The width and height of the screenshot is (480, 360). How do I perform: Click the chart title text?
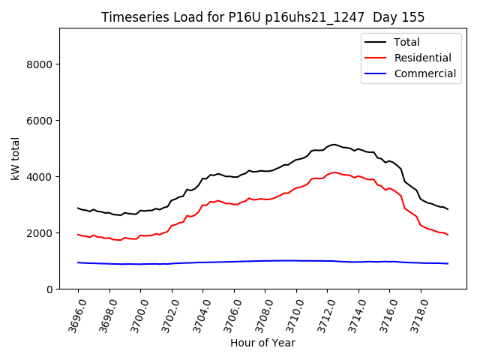[x=262, y=17]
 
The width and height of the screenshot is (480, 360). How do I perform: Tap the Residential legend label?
[x=422, y=58]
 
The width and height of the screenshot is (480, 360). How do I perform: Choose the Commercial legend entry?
[x=424, y=73]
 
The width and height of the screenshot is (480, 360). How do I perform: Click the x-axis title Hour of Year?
[x=262, y=343]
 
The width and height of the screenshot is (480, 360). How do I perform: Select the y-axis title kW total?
[x=15, y=159]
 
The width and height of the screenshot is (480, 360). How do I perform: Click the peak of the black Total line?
[x=334, y=144]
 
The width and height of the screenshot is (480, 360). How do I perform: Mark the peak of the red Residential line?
[x=334, y=172]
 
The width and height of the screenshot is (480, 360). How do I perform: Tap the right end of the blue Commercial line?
[x=448, y=263]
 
